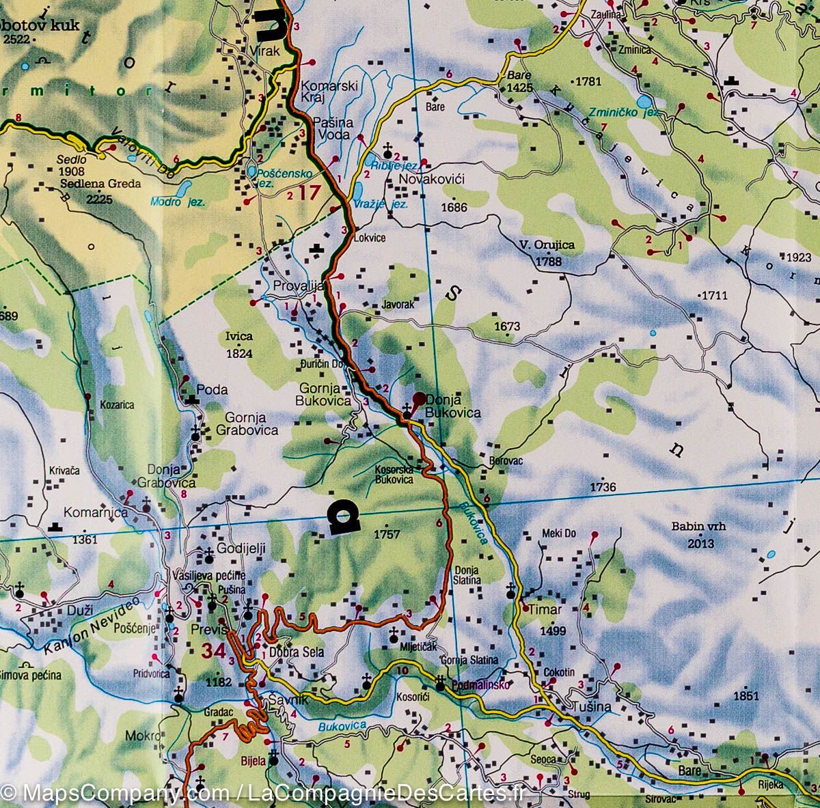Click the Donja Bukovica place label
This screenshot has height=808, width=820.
[x=452, y=406]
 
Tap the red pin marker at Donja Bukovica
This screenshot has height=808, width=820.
[x=419, y=398]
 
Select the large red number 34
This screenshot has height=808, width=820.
[x=213, y=652]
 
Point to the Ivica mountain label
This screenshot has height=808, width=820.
[x=238, y=336]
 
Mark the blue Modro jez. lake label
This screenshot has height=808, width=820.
[x=178, y=201]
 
